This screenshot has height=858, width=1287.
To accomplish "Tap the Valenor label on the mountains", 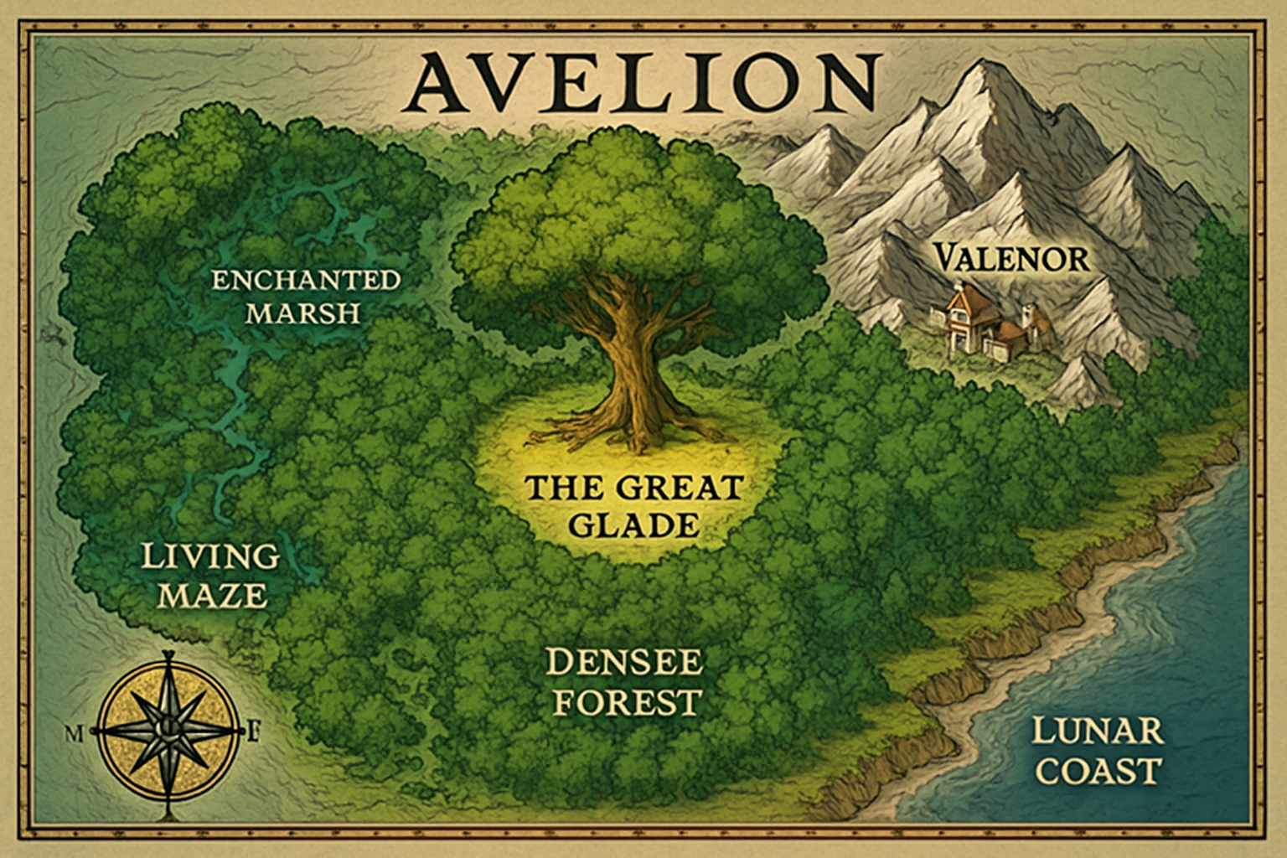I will [1011, 258].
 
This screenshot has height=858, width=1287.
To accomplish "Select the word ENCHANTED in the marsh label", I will [306, 280].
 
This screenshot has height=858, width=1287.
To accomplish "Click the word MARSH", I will [303, 313].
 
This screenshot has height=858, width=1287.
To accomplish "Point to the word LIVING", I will [209, 556].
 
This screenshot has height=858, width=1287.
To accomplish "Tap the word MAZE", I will [213, 596].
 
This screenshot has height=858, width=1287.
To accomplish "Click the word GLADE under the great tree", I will [633, 525].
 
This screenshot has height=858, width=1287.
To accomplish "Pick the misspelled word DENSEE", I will [624, 663].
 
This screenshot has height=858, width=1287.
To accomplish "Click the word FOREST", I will [627, 702].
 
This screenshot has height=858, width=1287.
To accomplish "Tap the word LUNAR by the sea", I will [1097, 731].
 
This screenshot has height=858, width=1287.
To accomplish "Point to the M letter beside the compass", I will [74, 735].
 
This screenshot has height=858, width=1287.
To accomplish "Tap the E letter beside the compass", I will [255, 735].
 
